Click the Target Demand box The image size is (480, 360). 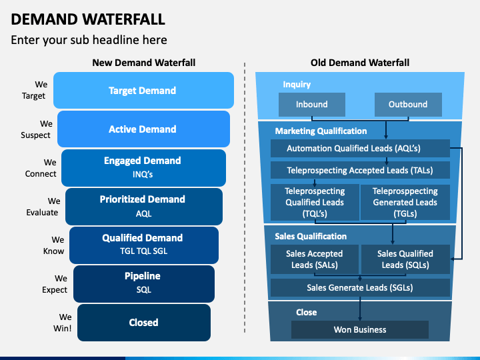[x=143, y=90]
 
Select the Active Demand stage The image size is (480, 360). [x=143, y=129]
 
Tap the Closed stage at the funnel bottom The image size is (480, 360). [x=144, y=323]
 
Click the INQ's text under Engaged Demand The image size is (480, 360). [x=143, y=174]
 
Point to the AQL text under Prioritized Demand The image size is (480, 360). [x=143, y=213]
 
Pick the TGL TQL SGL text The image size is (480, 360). [x=143, y=251]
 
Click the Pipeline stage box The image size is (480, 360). [x=144, y=284]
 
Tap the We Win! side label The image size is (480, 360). [x=63, y=323]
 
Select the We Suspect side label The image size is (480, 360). [x=36, y=129]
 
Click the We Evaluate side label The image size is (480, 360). [x=42, y=207]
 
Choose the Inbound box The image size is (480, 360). [x=311, y=105]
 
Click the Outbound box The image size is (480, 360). [x=408, y=105]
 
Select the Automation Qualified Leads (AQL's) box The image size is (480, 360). [x=360, y=149]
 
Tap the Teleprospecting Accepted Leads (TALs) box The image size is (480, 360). [x=360, y=170]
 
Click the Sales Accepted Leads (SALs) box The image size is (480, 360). [x=315, y=259]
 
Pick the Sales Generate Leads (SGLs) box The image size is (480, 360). [x=360, y=287]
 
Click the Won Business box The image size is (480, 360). [x=360, y=329]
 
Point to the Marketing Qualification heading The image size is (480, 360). [x=321, y=131]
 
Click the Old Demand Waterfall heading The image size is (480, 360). [x=360, y=63]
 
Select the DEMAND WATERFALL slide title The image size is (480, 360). [x=88, y=19]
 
